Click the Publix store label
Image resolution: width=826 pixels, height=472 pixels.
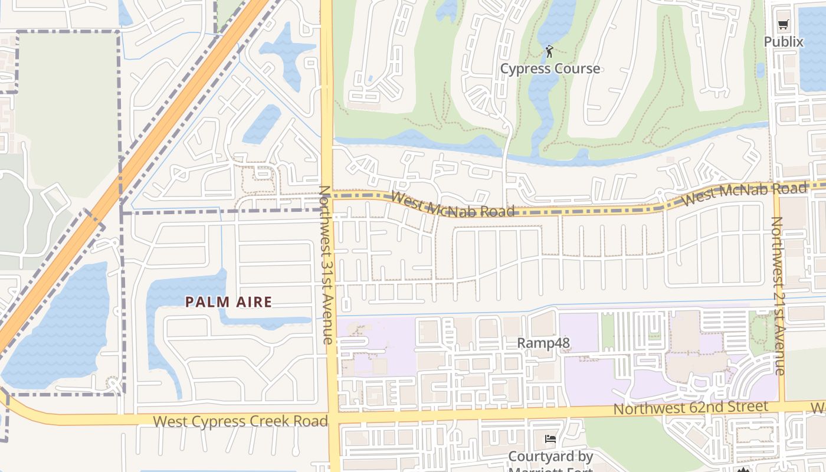point(784,42)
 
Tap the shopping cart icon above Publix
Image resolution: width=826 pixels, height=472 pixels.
point(783,25)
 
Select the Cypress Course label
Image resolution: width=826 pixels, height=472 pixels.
point(550,68)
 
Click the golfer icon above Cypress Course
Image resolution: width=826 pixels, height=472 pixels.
point(549,51)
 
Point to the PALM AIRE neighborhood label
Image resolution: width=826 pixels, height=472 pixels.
point(228,302)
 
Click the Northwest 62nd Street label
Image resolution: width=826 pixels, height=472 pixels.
point(691,408)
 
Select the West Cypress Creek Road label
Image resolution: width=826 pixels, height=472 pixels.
point(240,421)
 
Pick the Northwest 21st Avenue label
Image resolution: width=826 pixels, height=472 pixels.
point(778,296)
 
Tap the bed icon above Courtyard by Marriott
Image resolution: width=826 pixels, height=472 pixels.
point(550,439)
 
